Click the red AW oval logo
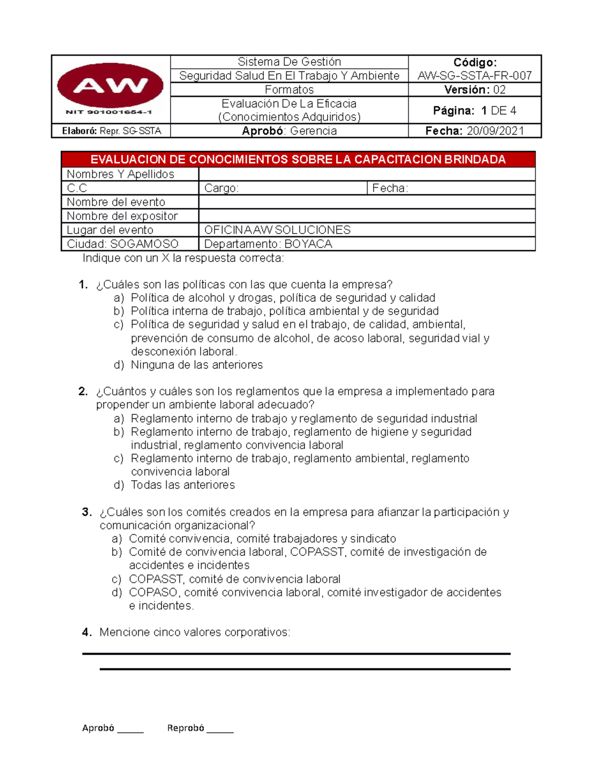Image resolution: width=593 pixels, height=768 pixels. point(110,86)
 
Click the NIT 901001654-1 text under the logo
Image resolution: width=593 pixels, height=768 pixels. point(109,112)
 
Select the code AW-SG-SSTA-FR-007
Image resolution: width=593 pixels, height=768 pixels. point(474,76)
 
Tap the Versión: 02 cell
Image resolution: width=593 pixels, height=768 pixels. point(474,90)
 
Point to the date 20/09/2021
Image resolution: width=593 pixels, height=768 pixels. point(495,131)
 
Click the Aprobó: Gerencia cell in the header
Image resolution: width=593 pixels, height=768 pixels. point(289,131)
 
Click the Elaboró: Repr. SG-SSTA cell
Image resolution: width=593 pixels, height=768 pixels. point(111,131)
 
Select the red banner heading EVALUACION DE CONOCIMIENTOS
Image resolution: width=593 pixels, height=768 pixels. point(298,159)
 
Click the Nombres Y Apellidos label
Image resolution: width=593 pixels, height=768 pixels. point(121,174)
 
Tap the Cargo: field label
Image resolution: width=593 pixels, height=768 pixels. point(221,188)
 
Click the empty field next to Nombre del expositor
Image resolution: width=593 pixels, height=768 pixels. point(367,216)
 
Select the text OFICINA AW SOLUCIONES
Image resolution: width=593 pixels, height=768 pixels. point(277,230)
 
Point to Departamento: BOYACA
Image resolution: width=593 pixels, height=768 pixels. point(268,244)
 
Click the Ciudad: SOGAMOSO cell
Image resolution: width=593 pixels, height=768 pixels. point(123,244)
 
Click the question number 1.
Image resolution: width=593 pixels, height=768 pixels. point(83,285)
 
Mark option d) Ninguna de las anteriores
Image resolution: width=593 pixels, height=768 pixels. point(196,365)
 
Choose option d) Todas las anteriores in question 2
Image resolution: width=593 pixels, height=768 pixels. point(182,485)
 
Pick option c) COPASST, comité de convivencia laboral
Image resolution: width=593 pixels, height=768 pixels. point(234,579)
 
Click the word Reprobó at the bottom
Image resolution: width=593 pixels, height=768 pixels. point(185,728)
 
